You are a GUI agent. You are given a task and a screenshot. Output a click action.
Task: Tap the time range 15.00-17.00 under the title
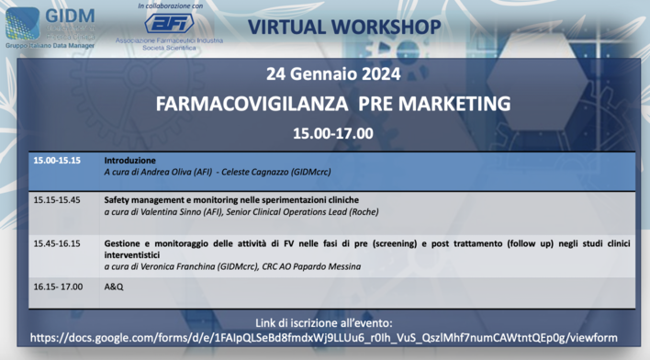point(332,133)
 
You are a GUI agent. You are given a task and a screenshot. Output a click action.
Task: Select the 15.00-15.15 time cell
point(57,161)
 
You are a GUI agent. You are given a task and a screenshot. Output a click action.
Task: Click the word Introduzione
point(129,161)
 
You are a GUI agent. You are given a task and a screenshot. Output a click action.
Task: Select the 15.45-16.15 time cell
point(57,244)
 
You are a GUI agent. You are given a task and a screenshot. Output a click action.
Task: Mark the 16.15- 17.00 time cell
point(58,287)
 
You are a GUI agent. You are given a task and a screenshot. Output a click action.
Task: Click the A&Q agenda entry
point(113,287)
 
